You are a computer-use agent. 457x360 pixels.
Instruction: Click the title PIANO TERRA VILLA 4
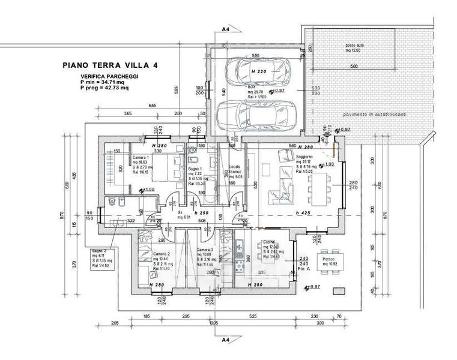click(110, 64)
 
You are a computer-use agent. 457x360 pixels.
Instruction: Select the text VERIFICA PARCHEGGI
click(106, 77)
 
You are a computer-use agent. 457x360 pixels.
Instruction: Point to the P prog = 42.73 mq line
click(104, 88)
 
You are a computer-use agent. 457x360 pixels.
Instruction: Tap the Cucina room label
click(268, 242)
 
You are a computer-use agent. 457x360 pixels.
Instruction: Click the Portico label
click(330, 259)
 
